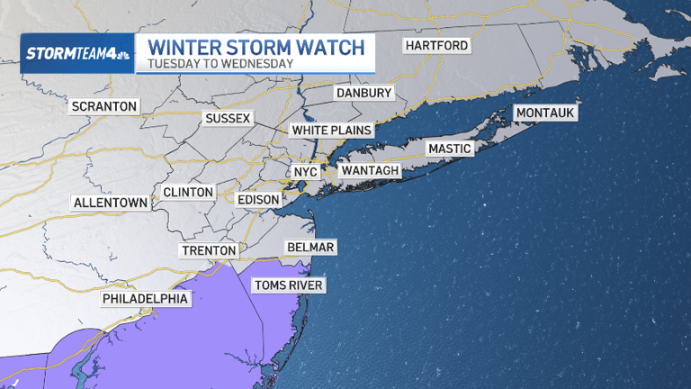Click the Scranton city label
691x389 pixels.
click(x=104, y=106)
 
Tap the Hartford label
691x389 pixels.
click(x=436, y=46)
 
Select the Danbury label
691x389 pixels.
click(x=363, y=93)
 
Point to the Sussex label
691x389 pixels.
click(x=229, y=118)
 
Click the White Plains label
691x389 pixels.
click(x=331, y=131)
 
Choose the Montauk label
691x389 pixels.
click(x=543, y=113)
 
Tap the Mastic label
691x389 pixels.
click(x=449, y=149)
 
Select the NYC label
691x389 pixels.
click(x=306, y=171)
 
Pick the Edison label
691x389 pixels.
click(x=257, y=199)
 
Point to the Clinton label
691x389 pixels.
click(x=188, y=192)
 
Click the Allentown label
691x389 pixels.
click(x=111, y=203)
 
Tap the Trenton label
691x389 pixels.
click(x=208, y=250)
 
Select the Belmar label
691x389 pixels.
click(x=310, y=247)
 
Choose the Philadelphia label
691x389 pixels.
click(x=145, y=298)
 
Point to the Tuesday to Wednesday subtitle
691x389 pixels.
click(x=220, y=64)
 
